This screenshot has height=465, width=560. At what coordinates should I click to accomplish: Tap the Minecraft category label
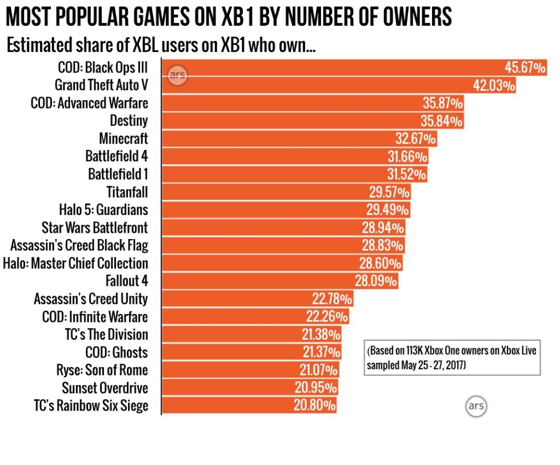point(123,138)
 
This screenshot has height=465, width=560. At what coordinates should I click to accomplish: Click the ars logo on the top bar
point(178,75)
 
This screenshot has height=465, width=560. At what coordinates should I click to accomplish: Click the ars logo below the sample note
point(475,406)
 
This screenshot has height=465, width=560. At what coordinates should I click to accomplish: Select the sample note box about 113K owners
point(452,358)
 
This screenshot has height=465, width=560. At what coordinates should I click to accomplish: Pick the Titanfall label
point(127,192)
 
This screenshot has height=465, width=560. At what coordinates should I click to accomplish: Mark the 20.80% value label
point(315,406)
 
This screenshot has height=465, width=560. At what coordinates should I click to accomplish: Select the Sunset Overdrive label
point(105,388)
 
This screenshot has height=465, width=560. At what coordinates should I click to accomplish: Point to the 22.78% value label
point(332,299)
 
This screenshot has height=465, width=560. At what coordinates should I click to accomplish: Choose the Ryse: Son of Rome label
point(102,370)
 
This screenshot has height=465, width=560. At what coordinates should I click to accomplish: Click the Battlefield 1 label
point(118,174)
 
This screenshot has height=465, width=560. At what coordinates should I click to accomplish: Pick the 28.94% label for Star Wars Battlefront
point(383,228)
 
